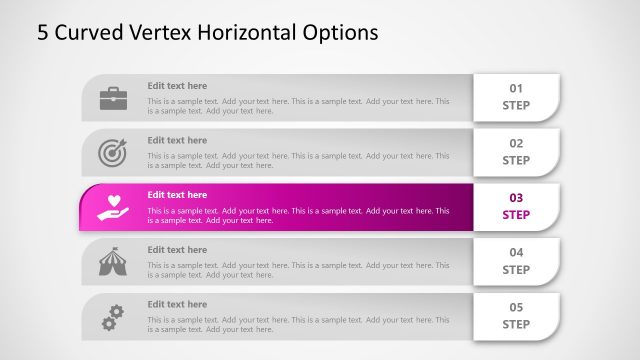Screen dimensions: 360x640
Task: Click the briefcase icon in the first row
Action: pos(112,98)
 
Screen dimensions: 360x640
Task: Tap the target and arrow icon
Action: pos(112,152)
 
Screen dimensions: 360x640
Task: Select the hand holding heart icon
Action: pos(112,207)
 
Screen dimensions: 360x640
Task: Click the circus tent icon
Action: pos(112,262)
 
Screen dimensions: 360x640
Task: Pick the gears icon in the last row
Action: pos(112,317)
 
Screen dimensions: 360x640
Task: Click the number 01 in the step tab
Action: pos(516,88)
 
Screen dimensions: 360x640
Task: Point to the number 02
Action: pos(516,143)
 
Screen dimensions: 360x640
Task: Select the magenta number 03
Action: pos(516,198)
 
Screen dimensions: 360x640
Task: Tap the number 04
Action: pos(516,253)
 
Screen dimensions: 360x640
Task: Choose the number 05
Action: pos(516,308)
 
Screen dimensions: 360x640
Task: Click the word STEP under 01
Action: pos(516,105)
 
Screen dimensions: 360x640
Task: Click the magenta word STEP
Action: pos(516,215)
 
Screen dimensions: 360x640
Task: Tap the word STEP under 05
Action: pos(516,324)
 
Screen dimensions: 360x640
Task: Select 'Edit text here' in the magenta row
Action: pos(177,195)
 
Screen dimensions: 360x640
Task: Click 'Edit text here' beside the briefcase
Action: pos(177,86)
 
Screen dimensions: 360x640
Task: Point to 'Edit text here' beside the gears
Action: pos(177,304)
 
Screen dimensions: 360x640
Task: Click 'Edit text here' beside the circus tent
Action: pos(177,250)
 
